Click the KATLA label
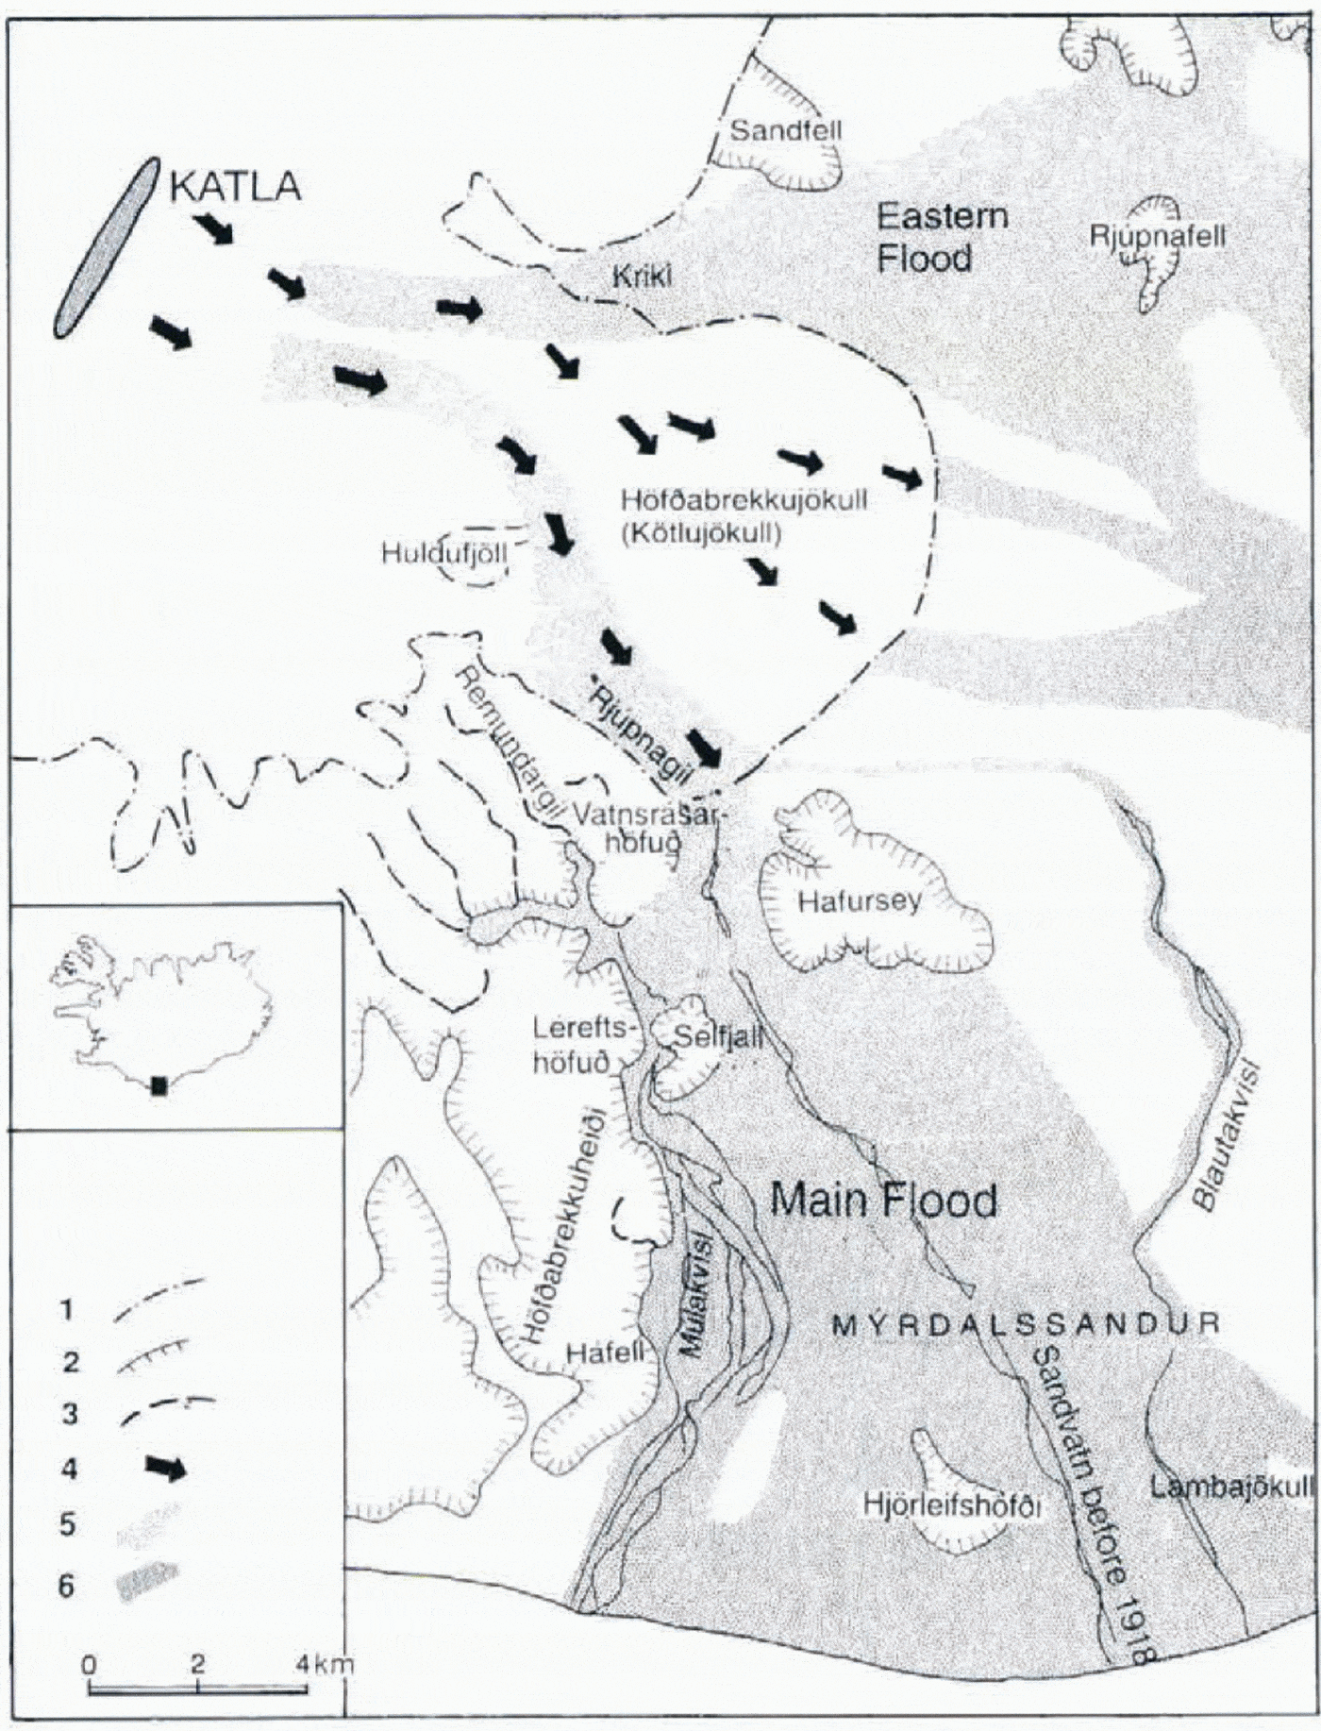point(235,186)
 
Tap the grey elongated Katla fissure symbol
point(106,246)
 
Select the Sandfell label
point(786,129)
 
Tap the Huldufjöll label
point(444,552)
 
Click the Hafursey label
point(859,899)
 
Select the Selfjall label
point(716,1036)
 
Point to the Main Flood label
point(883,1201)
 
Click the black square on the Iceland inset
point(159,1086)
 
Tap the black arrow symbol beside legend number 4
point(166,1468)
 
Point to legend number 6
point(66,1586)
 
